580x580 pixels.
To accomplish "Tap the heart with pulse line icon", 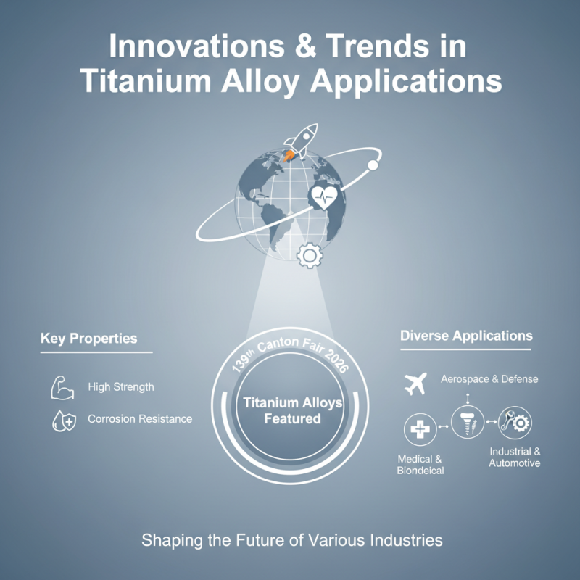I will point(323,196).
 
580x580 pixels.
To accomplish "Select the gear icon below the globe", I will point(310,254).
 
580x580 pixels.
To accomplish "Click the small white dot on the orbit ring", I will point(373,165).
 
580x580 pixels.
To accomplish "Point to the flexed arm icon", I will point(62,388).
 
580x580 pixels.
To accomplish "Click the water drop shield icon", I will point(62,420).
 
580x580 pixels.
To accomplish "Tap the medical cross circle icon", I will point(418,431).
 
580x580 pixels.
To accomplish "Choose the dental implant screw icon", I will point(468,421).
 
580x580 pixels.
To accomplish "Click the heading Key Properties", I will point(88,339).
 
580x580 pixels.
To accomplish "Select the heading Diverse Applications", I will point(466,336).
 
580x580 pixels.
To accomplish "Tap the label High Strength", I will point(121,387).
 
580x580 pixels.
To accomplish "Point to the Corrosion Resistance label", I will point(140,419).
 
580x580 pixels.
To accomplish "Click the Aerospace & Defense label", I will point(489,379).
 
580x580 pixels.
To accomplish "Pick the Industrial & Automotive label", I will point(515,457).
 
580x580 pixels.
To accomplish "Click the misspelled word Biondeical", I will point(420,471).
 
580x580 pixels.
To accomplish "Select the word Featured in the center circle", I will point(292,418).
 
